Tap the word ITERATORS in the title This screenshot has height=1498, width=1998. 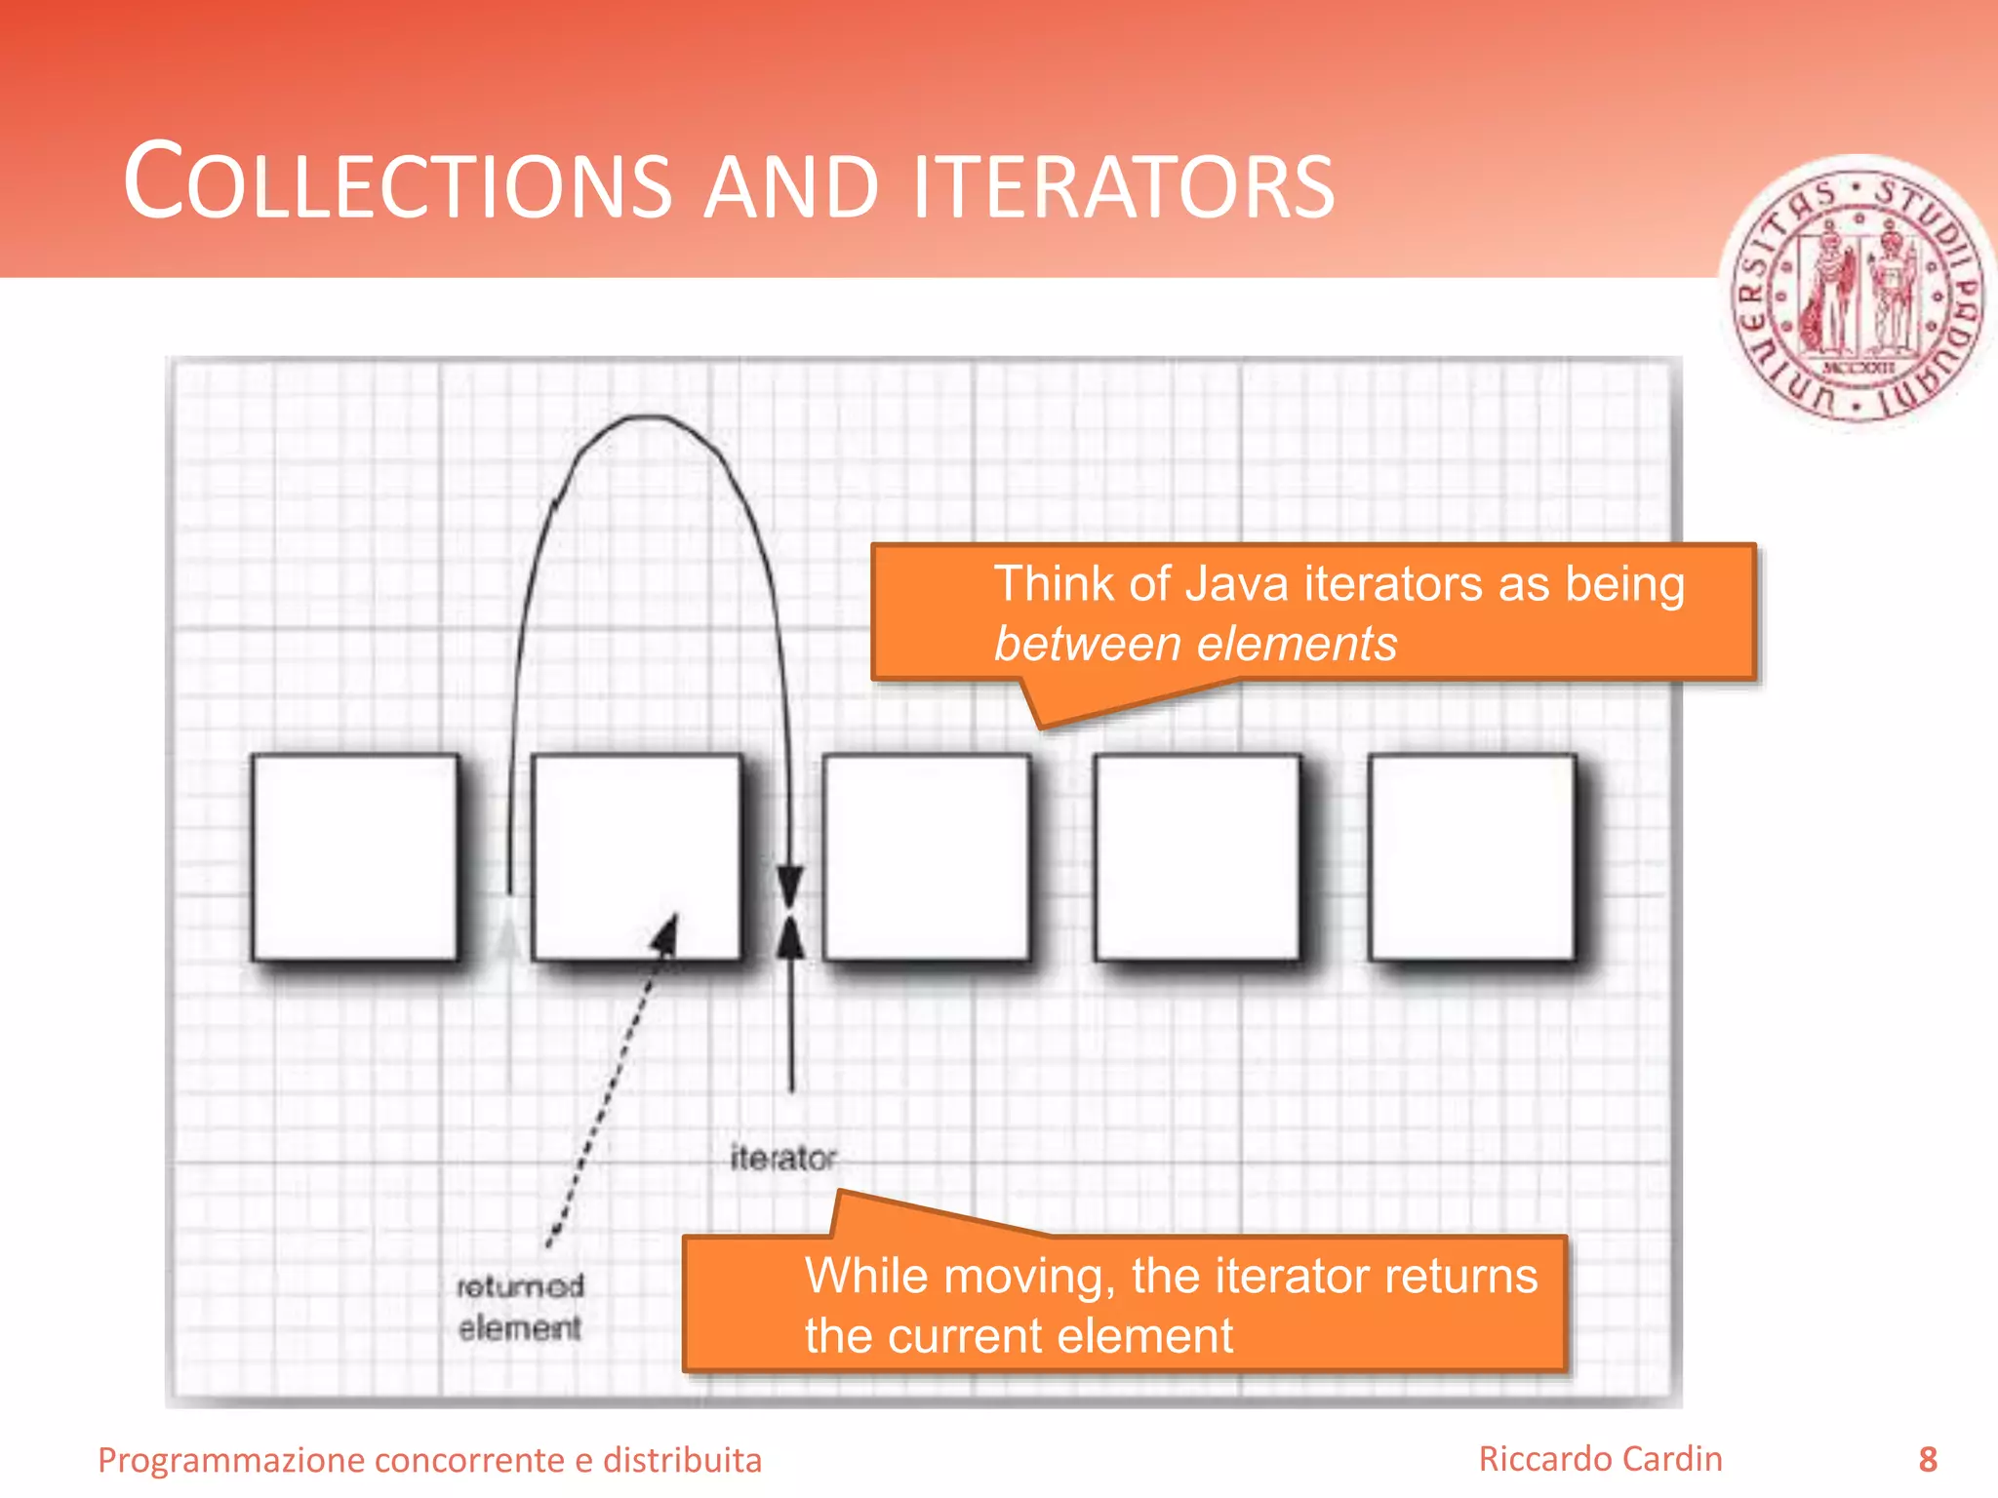pyautogui.click(x=1123, y=185)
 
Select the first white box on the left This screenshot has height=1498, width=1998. pyautogui.click(x=355, y=856)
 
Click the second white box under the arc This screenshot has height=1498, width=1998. pyautogui.click(x=636, y=856)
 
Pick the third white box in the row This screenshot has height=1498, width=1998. pyautogui.click(x=926, y=856)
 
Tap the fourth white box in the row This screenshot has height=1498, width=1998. pyautogui.click(x=1197, y=856)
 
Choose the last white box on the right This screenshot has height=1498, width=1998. pyautogui.click(x=1471, y=856)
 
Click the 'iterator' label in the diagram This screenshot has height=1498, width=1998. pyautogui.click(x=783, y=1159)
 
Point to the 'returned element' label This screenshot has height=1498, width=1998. pyautogui.click(x=520, y=1307)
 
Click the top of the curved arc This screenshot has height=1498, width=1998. pyautogui.click(x=646, y=417)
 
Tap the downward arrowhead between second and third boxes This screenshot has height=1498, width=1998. pyautogui.click(x=789, y=884)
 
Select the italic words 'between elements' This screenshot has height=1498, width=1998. pyautogui.click(x=1195, y=645)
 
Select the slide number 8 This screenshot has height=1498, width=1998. pyautogui.click(x=1927, y=1459)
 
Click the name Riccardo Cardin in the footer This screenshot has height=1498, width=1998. pyautogui.click(x=1600, y=1459)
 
